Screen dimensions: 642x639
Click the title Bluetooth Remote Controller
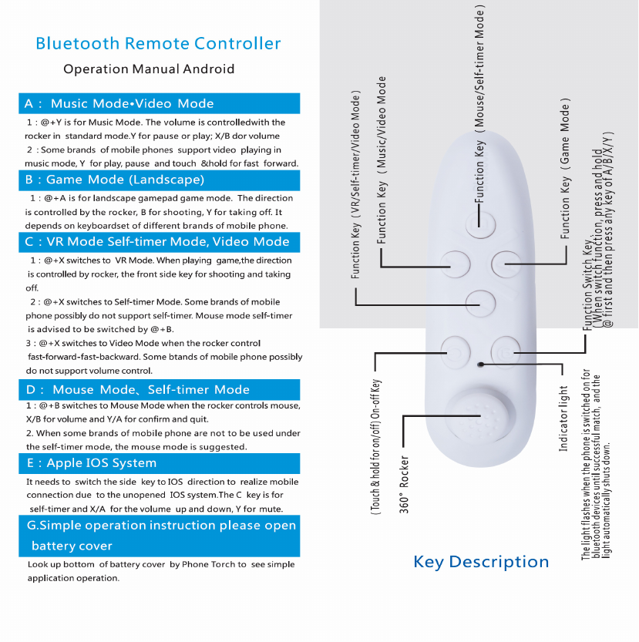[158, 43]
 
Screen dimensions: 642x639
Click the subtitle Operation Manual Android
[149, 69]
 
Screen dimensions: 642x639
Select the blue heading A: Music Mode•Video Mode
[119, 103]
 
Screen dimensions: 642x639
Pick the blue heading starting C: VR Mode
[157, 241]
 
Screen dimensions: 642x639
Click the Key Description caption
[481, 562]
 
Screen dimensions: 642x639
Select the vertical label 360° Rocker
[405, 484]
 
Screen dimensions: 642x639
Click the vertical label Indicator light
[563, 418]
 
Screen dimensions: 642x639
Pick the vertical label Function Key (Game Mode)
[567, 167]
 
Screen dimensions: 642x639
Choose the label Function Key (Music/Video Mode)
[382, 170]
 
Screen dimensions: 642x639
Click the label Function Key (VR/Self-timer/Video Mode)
[356, 185]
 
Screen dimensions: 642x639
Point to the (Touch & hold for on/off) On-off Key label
[376, 447]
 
